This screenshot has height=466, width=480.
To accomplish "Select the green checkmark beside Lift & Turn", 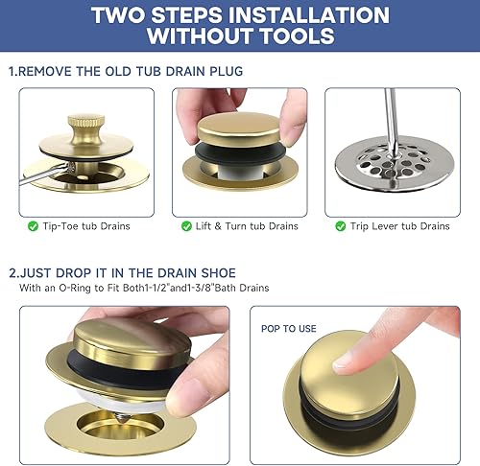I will pyautogui.click(x=186, y=226).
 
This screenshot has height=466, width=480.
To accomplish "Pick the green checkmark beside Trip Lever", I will pyautogui.click(x=340, y=226).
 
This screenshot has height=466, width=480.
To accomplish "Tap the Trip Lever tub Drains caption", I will pyautogui.click(x=398, y=226).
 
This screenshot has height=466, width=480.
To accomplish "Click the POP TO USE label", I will pyautogui.click(x=289, y=328).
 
